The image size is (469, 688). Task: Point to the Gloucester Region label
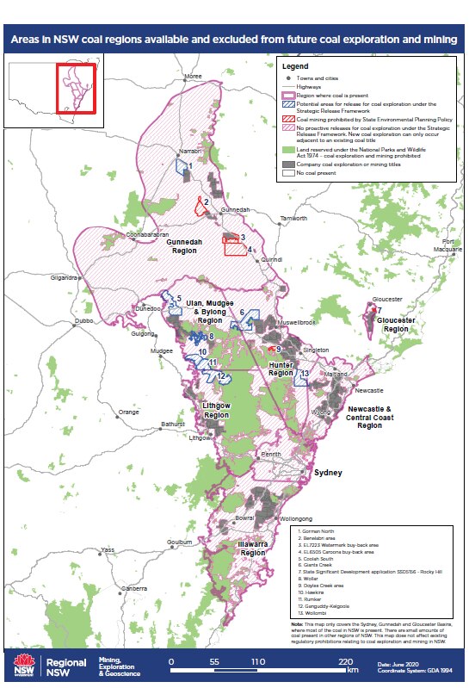(396, 324)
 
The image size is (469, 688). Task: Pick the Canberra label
(133, 588)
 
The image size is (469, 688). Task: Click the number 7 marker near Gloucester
(379, 310)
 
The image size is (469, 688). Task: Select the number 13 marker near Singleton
(305, 373)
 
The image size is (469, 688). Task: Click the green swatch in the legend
(289, 152)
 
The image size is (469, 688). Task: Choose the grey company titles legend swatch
(289, 163)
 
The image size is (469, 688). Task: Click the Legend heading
(294, 65)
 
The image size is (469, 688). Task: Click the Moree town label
(193, 76)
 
